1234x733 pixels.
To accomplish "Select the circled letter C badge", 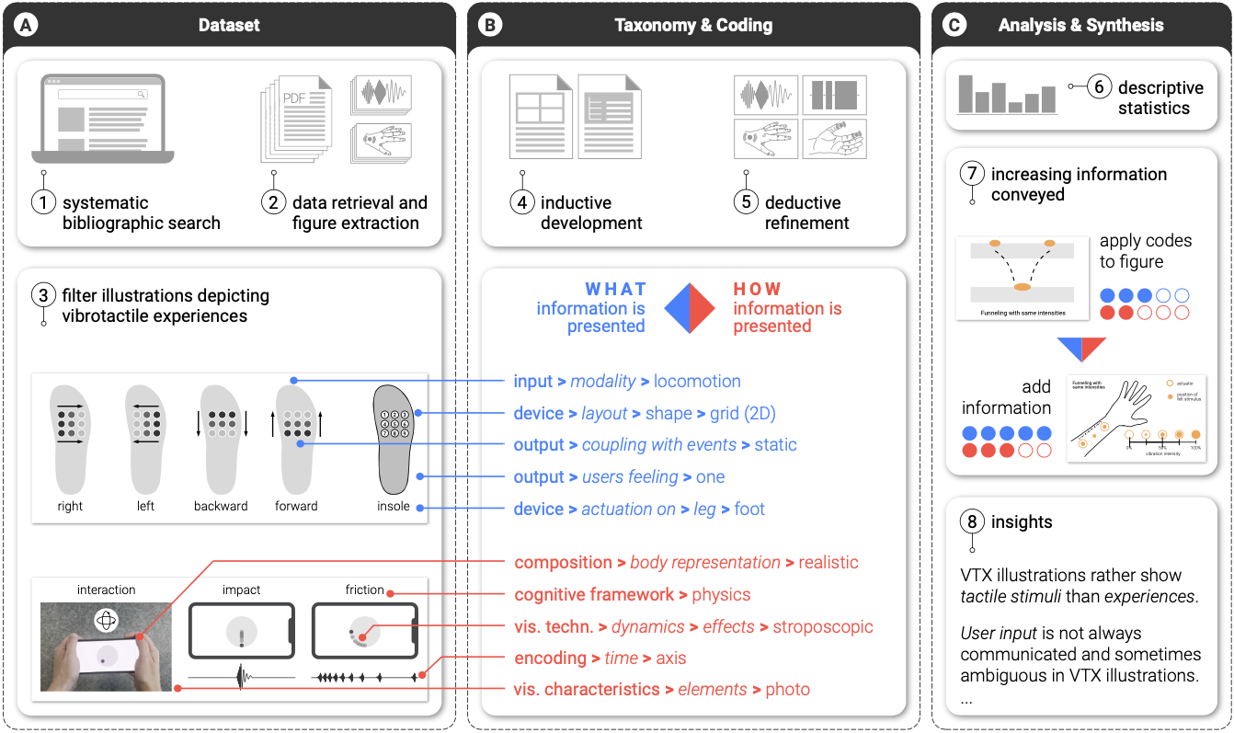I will click(955, 26).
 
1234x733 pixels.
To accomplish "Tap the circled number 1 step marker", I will click(43, 202).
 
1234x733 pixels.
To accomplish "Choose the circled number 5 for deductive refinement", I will click(746, 202).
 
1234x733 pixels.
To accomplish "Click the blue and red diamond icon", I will click(689, 308).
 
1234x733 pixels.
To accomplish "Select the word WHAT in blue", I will click(616, 289).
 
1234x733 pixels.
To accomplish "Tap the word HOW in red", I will click(757, 289).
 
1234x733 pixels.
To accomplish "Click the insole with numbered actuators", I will click(394, 439).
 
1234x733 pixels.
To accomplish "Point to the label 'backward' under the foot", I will click(221, 506).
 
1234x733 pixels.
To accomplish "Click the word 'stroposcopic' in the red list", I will click(823, 627).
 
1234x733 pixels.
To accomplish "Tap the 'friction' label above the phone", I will click(364, 590).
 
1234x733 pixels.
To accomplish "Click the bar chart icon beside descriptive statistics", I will click(1006, 94).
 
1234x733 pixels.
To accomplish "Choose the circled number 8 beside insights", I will click(973, 521).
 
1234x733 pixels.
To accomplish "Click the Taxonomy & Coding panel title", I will click(692, 26).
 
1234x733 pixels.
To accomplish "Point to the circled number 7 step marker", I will click(973, 174).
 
